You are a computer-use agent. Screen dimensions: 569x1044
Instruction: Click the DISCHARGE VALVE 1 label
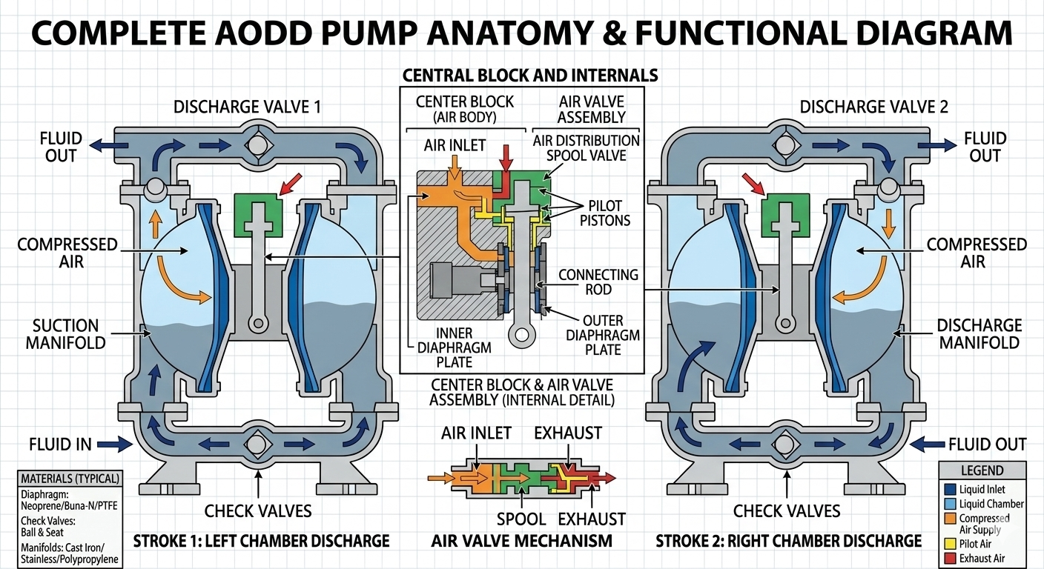[x=247, y=107]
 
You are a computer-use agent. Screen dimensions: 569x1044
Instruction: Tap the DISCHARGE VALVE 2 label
[x=874, y=107]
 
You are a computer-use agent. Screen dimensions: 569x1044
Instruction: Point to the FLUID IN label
[x=61, y=445]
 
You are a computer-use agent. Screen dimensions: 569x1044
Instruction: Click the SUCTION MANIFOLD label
[x=65, y=334]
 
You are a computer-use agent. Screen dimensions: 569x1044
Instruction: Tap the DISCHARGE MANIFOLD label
[x=978, y=334]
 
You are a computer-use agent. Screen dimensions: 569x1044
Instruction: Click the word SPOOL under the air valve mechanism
[x=521, y=519]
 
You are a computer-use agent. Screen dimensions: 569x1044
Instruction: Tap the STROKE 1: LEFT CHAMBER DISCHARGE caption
[x=260, y=541]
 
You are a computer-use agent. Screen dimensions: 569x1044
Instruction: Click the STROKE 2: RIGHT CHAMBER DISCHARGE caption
[x=788, y=541]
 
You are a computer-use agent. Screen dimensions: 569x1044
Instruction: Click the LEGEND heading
[x=981, y=470]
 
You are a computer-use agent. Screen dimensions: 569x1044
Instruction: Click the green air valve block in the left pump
[x=257, y=210]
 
